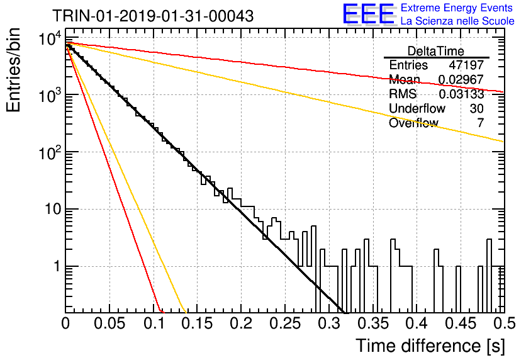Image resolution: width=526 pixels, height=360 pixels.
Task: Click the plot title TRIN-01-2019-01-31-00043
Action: click(x=153, y=16)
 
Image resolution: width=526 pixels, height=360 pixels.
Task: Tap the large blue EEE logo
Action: click(x=368, y=14)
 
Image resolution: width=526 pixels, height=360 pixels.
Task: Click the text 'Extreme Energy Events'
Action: click(x=457, y=8)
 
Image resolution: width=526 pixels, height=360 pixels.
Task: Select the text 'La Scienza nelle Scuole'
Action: click(x=457, y=21)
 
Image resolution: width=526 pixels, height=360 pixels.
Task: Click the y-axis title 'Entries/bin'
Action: click(x=13, y=70)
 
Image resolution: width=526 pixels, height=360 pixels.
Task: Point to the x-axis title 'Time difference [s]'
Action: click(x=430, y=346)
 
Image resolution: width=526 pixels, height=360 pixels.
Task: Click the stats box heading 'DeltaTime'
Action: click(x=436, y=51)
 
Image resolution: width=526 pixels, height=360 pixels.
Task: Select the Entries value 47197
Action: click(x=466, y=65)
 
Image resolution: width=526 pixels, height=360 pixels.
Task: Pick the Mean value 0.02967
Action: click(x=461, y=79)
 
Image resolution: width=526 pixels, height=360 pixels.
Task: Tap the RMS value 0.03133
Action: click(x=461, y=94)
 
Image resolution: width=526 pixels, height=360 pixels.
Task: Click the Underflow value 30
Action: click(x=476, y=108)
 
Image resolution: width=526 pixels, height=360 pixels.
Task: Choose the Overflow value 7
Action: click(x=480, y=123)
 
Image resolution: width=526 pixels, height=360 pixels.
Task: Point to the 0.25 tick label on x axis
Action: click(x=285, y=323)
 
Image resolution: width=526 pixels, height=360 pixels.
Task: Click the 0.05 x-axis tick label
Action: click(x=109, y=323)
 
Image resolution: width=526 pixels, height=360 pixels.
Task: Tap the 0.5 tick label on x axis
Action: click(x=504, y=323)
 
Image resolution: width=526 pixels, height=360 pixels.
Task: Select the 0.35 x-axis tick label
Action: click(x=373, y=323)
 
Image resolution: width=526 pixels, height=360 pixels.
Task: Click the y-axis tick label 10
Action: click(x=53, y=209)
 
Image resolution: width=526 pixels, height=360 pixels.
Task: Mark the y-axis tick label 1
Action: click(x=57, y=266)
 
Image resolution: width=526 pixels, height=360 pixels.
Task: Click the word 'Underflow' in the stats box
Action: click(x=417, y=108)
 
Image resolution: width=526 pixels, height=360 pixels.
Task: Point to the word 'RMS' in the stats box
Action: click(x=403, y=94)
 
